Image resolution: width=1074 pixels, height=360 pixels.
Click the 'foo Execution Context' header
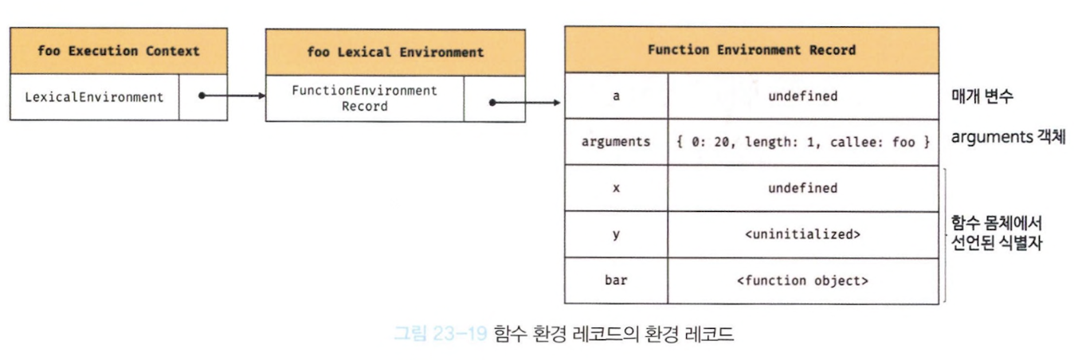(x=119, y=51)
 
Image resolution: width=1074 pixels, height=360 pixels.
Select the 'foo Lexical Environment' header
(x=395, y=53)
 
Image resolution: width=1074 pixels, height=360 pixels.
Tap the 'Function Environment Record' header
(x=751, y=50)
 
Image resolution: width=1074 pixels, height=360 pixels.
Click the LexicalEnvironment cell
(x=95, y=97)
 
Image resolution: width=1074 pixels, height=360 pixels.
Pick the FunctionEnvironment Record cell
(x=365, y=98)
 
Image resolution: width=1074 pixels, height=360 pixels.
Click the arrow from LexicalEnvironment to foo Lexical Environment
(x=232, y=96)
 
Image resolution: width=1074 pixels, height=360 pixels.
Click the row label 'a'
(x=616, y=96)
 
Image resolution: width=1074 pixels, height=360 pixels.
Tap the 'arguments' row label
(x=616, y=142)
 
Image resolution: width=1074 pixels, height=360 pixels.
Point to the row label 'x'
(x=616, y=189)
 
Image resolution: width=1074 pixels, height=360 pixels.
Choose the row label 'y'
(x=616, y=235)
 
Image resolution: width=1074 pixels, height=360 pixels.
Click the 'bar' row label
(x=616, y=280)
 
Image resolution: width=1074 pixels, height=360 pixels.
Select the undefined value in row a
(x=803, y=96)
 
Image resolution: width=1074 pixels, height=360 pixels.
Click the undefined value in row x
(x=803, y=188)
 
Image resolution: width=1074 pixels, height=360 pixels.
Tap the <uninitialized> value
(x=803, y=234)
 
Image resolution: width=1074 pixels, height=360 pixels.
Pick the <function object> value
(x=803, y=280)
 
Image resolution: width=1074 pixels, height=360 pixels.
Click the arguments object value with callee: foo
(x=803, y=142)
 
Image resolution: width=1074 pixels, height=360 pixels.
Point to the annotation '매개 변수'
(x=982, y=96)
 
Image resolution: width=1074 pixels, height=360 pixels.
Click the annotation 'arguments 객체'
(x=1008, y=137)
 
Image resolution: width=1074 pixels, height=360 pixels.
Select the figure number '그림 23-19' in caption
(x=440, y=333)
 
